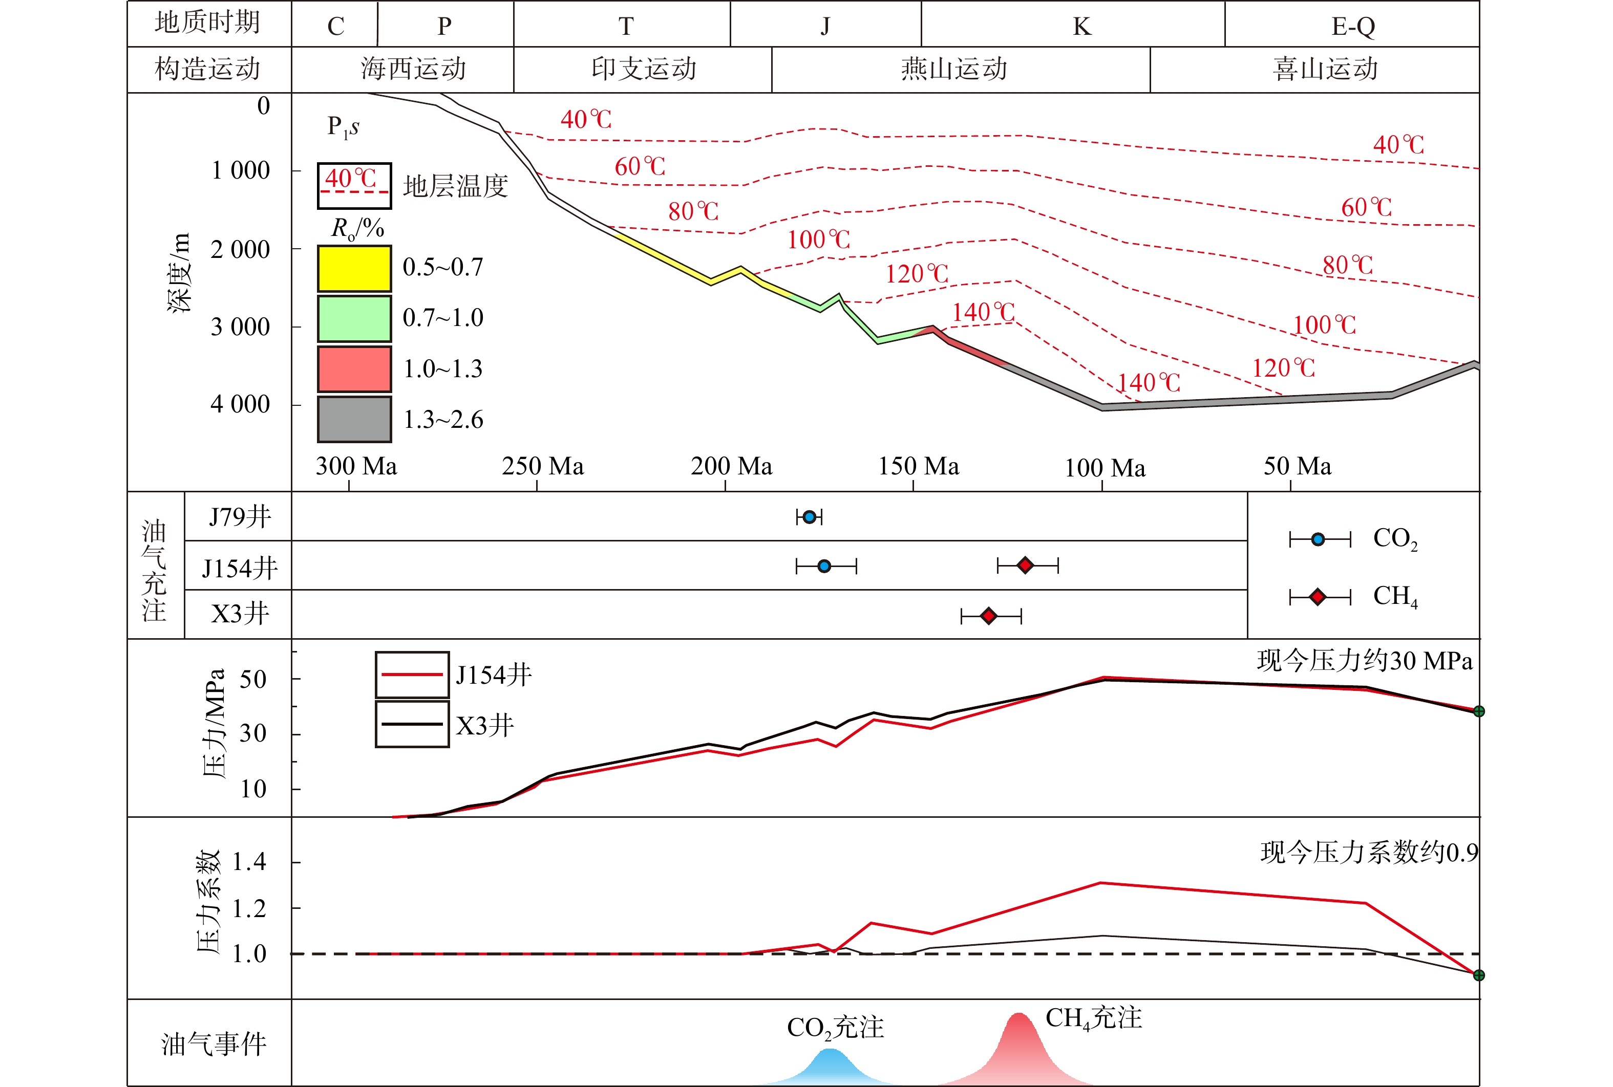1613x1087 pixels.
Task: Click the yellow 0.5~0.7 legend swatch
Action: pyautogui.click(x=354, y=268)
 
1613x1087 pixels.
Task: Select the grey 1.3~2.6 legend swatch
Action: pyautogui.click(x=354, y=419)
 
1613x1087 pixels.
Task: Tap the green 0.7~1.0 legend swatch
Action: pyautogui.click(x=354, y=319)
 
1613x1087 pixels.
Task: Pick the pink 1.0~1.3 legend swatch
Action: pyautogui.click(x=354, y=369)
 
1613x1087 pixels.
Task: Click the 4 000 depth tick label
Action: pyautogui.click(x=240, y=404)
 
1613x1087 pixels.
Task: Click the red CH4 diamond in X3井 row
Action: pyautogui.click(x=989, y=616)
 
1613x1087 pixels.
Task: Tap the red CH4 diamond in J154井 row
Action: pyautogui.click(x=1026, y=566)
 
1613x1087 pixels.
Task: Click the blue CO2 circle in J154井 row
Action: pyautogui.click(x=824, y=567)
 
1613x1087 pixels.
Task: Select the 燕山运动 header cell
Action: pyautogui.click(x=954, y=69)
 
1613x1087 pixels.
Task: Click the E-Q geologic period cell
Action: pyautogui.click(x=1352, y=26)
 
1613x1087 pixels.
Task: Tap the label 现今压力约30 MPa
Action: pyautogui.click(x=1364, y=661)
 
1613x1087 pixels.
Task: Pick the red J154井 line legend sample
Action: pyautogui.click(x=412, y=675)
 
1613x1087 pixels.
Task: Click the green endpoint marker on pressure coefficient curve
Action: pyautogui.click(x=1478, y=975)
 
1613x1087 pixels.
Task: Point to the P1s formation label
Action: pyautogui.click(x=343, y=127)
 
